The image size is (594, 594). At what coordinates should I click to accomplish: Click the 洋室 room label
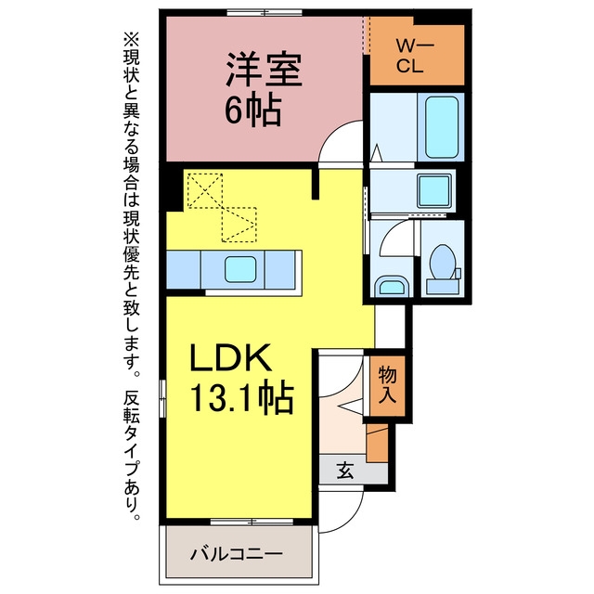(264, 71)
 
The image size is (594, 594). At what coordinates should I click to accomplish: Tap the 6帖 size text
(253, 110)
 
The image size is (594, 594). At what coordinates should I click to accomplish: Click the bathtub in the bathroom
(442, 127)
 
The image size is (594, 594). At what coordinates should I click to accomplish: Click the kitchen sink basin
(240, 269)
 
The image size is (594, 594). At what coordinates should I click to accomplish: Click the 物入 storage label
(388, 384)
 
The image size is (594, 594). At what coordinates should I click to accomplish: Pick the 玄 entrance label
(345, 471)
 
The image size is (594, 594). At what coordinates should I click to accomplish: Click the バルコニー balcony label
(237, 555)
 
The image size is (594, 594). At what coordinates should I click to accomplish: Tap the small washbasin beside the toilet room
(392, 286)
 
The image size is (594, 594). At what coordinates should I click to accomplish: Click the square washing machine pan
(434, 191)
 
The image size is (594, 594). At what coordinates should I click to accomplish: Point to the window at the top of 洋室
(265, 12)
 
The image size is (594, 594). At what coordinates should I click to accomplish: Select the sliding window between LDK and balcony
(252, 522)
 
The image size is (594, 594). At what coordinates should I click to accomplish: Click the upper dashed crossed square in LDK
(205, 190)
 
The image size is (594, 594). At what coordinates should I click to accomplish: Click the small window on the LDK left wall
(162, 398)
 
